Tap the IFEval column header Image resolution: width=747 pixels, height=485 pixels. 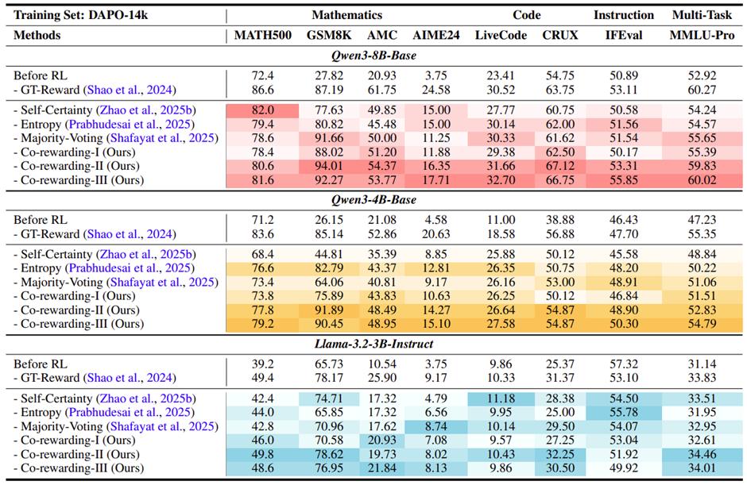tap(623, 36)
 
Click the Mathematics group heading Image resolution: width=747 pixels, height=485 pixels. tap(346, 15)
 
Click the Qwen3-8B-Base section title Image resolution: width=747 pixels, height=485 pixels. tap(376, 56)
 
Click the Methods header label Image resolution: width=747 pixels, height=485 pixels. tap(37, 36)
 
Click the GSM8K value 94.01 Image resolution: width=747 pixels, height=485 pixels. tap(325, 166)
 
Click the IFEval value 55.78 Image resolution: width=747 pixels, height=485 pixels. tap(623, 413)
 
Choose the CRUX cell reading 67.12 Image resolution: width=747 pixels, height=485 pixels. tap(559, 166)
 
